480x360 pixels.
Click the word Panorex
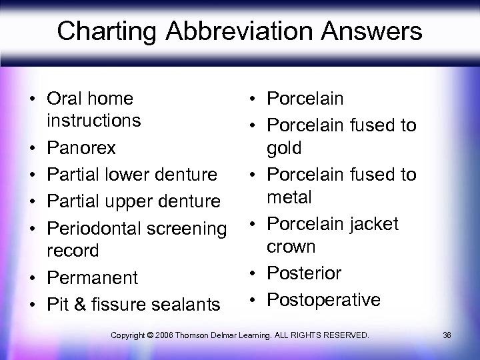(81, 147)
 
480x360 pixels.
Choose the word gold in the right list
(284, 148)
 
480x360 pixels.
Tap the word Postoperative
(323, 299)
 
